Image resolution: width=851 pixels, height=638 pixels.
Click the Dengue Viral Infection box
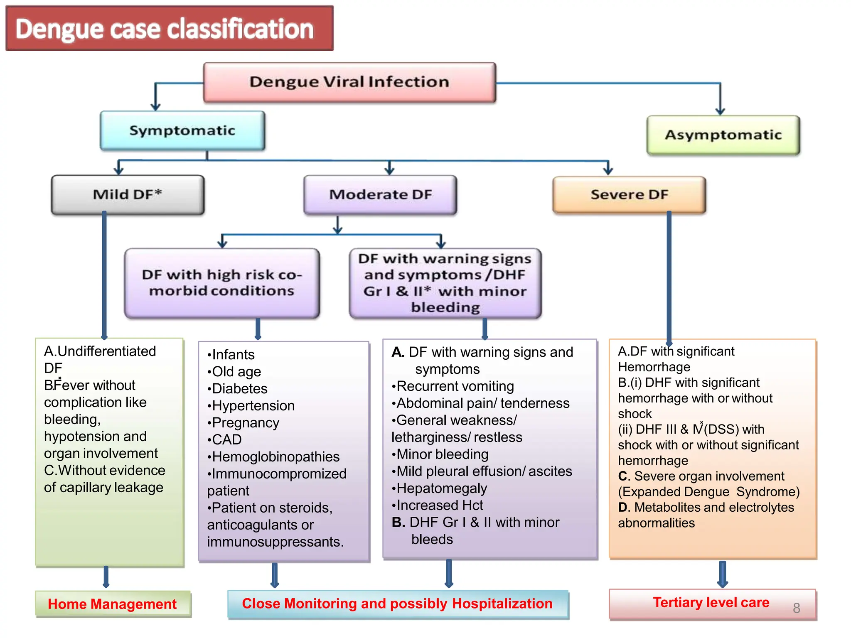pyautogui.click(x=349, y=82)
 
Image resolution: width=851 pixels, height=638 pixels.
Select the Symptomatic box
pyautogui.click(x=182, y=130)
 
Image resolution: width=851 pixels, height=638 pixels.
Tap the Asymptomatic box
pyautogui.click(x=723, y=135)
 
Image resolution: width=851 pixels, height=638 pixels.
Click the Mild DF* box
pyautogui.click(x=128, y=194)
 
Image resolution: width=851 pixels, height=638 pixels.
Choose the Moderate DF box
pyautogui.click(x=380, y=194)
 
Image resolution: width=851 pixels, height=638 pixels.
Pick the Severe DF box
pyautogui.click(x=629, y=194)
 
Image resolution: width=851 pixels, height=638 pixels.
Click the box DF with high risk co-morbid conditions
pyautogui.click(x=222, y=283)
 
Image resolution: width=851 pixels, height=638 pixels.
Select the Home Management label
pyautogui.click(x=112, y=604)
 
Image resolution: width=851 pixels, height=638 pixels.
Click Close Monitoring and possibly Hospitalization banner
pyautogui.click(x=397, y=604)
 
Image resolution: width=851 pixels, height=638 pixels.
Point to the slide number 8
pyautogui.click(x=796, y=608)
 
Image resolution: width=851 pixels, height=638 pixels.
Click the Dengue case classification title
pyautogui.click(x=165, y=29)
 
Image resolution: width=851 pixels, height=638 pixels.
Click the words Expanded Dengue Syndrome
pyautogui.click(x=709, y=492)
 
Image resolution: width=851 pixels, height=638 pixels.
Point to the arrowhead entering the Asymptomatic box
pyautogui.click(x=720, y=111)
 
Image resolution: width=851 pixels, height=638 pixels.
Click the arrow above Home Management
pyautogui.click(x=106, y=577)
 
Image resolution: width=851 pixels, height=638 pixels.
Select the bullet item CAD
pyautogui.click(x=226, y=440)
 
